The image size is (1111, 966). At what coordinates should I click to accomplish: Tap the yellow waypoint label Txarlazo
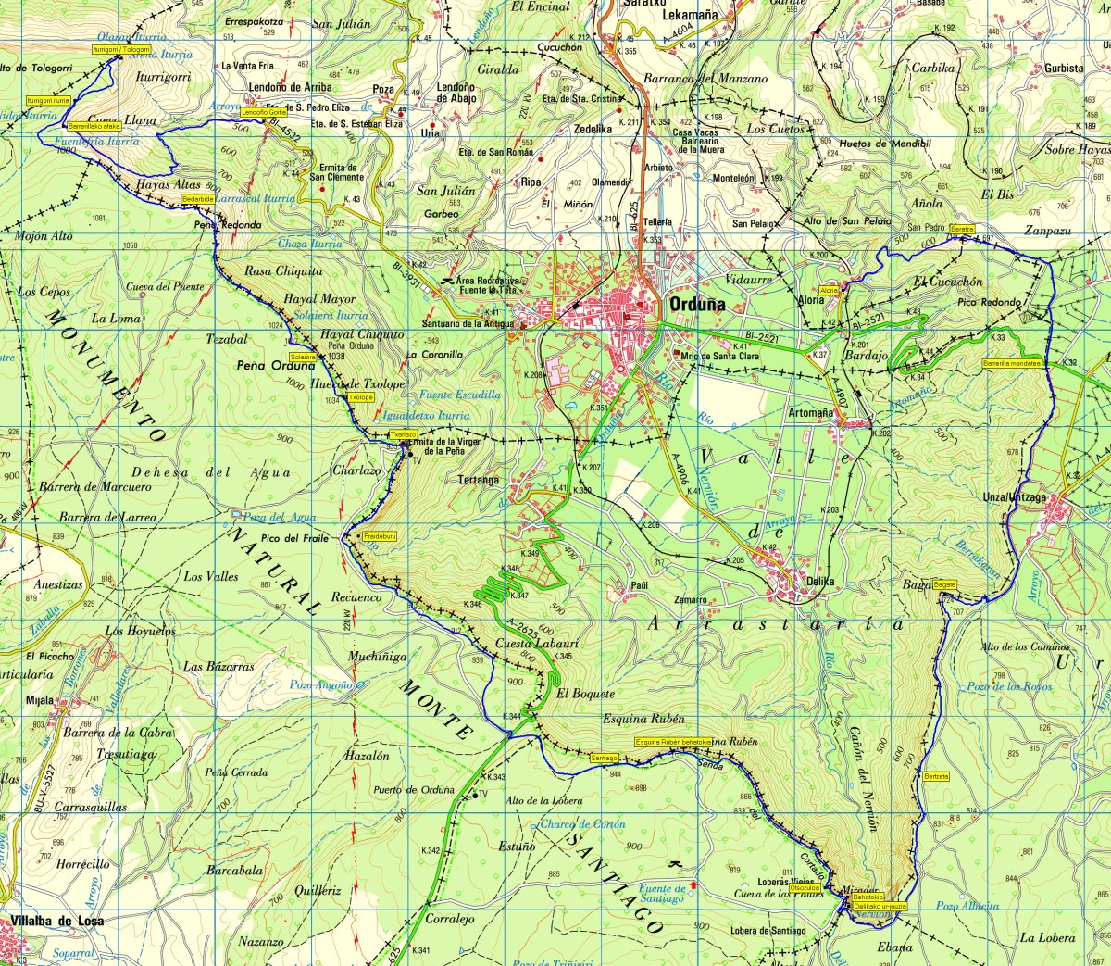(x=403, y=433)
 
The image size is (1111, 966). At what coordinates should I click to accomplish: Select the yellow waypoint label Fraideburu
(x=380, y=536)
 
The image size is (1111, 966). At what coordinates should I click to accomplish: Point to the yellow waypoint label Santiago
(x=604, y=758)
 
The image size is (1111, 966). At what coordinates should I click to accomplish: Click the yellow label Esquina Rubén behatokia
(x=673, y=742)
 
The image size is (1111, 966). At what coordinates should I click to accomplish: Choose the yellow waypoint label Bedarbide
(x=198, y=198)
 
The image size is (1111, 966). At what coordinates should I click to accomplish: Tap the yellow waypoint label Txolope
(x=361, y=396)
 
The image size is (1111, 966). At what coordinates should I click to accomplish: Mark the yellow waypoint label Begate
(x=944, y=584)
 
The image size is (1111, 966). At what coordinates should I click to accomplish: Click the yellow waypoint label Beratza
(x=963, y=228)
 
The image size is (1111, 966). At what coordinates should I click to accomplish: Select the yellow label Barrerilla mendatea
(x=1013, y=363)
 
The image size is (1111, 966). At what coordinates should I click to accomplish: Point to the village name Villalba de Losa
(x=57, y=921)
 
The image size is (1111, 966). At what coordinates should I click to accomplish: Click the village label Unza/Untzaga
(x=1014, y=497)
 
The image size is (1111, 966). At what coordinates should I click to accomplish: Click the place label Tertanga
(x=479, y=480)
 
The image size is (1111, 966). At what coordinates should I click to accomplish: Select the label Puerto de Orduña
(x=414, y=789)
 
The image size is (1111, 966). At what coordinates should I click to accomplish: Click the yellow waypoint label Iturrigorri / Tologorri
(x=120, y=49)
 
